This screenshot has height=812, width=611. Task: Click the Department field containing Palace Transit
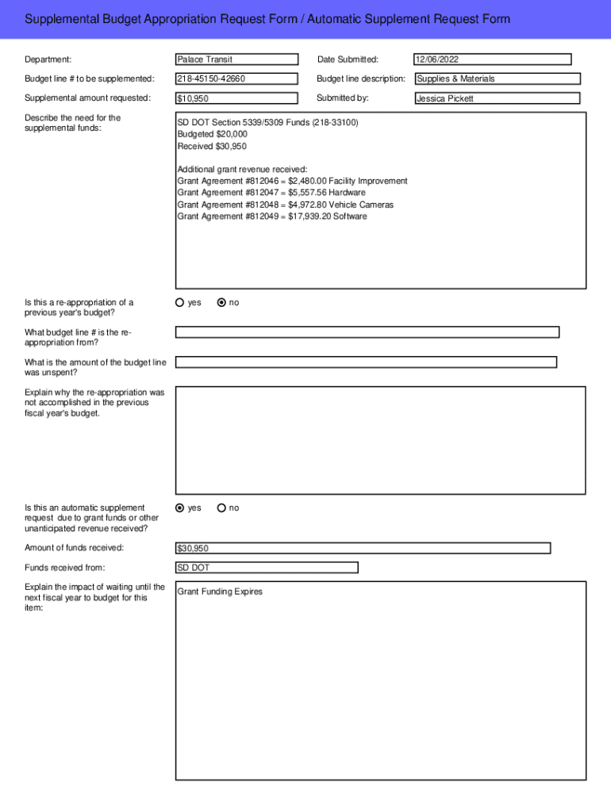(236, 59)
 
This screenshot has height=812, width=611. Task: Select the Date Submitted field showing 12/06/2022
(492, 59)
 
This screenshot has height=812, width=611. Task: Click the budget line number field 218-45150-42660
(236, 79)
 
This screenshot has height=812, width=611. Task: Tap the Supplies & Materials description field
(498, 79)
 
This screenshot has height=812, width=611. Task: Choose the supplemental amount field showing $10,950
(236, 98)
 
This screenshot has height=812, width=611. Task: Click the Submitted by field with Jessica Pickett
(498, 98)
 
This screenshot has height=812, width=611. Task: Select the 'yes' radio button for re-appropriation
(180, 302)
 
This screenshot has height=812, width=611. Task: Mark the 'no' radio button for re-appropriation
(221, 302)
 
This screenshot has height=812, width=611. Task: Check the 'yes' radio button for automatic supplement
(180, 507)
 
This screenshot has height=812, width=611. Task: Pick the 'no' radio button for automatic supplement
(221, 507)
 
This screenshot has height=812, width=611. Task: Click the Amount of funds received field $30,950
(363, 548)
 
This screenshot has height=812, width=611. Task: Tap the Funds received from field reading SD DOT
(267, 568)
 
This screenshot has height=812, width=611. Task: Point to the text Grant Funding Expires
(220, 592)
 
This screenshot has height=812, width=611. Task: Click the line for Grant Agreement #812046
(292, 181)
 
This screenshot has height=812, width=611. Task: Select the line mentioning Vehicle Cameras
(285, 205)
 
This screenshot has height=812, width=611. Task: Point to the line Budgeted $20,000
(212, 134)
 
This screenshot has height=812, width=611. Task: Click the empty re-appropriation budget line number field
(367, 332)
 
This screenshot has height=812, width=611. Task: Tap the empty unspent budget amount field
(366, 362)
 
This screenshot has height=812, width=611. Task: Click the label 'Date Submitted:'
(348, 59)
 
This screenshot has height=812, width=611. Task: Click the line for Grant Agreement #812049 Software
(272, 216)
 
